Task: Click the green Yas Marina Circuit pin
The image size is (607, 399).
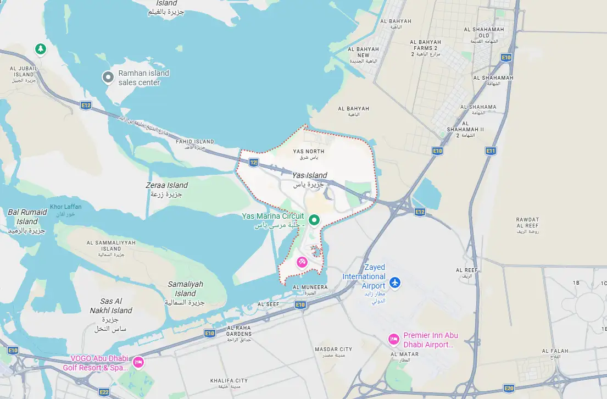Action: (314, 220)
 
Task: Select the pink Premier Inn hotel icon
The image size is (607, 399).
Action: (393, 339)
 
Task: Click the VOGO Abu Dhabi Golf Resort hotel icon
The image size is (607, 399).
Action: (138, 362)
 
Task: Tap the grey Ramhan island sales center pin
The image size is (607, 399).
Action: (108, 77)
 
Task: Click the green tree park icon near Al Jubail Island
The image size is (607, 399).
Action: (40, 49)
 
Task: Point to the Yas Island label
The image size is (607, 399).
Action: (309, 175)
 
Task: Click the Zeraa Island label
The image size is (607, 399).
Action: (166, 186)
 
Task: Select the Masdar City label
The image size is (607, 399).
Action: (333, 350)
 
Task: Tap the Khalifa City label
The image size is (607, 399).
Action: (229, 380)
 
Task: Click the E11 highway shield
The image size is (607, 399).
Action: (491, 151)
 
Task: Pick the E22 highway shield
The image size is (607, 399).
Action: (104, 392)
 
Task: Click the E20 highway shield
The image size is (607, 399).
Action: (509, 388)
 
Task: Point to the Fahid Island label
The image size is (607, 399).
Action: (194, 142)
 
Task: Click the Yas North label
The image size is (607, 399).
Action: (308, 151)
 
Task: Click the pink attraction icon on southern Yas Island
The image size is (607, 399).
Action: (302, 262)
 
